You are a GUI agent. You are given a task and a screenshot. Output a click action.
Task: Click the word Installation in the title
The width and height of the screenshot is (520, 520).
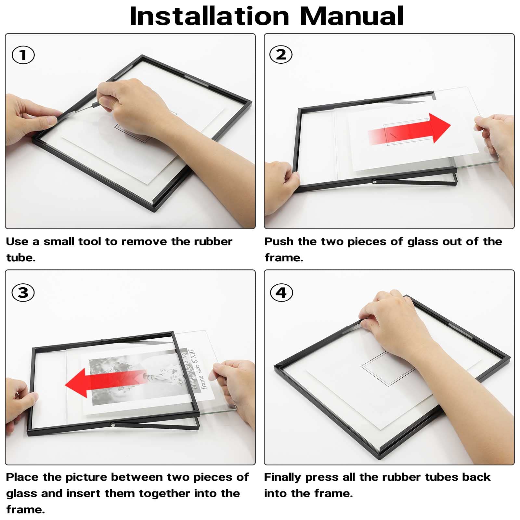210,16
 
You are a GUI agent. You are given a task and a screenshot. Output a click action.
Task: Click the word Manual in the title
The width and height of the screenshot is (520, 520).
352,16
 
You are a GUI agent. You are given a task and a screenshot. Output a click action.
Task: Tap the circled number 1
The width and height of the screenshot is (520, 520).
23,55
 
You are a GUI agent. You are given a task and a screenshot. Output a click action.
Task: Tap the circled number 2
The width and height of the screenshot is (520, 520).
281,55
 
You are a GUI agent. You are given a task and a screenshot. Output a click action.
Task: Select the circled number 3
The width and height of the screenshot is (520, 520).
23,292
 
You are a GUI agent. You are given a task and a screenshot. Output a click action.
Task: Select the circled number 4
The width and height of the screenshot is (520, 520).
281,292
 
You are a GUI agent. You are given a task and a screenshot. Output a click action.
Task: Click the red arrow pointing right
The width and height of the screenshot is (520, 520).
409,129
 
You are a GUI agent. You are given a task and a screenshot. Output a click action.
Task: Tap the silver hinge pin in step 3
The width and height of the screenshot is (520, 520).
113,424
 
